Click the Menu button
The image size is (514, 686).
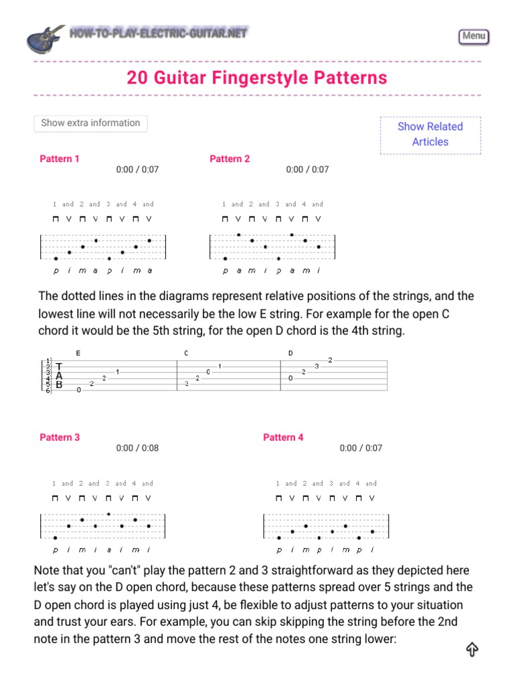[x=474, y=36]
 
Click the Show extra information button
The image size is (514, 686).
[x=90, y=123]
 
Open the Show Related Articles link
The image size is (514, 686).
[x=430, y=134]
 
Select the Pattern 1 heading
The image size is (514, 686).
[x=60, y=159]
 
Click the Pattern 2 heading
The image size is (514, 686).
[x=230, y=159]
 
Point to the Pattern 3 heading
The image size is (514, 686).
[x=60, y=437]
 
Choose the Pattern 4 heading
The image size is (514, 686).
[x=283, y=437]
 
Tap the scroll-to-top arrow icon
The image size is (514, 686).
[x=472, y=649]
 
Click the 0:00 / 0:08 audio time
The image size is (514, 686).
[x=137, y=448]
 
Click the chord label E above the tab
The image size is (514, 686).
[x=78, y=353]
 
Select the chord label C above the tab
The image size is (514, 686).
[x=186, y=353]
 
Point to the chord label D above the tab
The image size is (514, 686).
[x=290, y=353]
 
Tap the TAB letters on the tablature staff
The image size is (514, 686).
[x=59, y=376]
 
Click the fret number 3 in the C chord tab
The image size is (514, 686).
[x=185, y=383]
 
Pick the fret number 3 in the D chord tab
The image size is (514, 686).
[x=317, y=366]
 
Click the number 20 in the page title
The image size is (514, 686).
[x=137, y=78]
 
